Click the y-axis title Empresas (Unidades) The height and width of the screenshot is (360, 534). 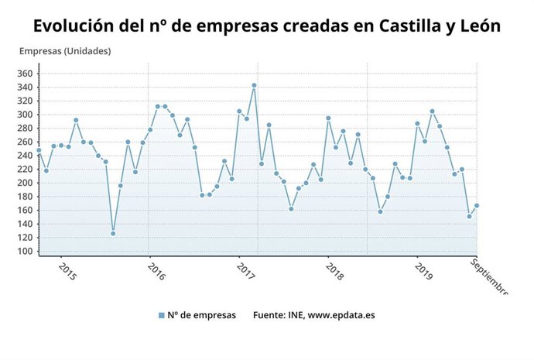pyautogui.click(x=65, y=52)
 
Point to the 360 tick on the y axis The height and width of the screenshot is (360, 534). pyautogui.click(x=24, y=74)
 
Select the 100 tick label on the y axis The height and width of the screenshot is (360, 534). pyautogui.click(x=24, y=252)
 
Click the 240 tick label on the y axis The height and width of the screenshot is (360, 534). pyautogui.click(x=24, y=156)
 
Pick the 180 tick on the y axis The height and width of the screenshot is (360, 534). pyautogui.click(x=24, y=197)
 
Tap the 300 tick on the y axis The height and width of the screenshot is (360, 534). pyautogui.click(x=24, y=115)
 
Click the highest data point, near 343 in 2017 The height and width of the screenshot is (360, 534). pyautogui.click(x=254, y=85)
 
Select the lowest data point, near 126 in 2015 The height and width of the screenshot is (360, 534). pyautogui.click(x=113, y=233)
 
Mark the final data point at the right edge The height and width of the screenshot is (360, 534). pyautogui.click(x=477, y=205)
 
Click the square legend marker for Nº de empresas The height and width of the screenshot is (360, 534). pyautogui.click(x=162, y=315)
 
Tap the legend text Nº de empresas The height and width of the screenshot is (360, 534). pyautogui.click(x=202, y=315)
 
